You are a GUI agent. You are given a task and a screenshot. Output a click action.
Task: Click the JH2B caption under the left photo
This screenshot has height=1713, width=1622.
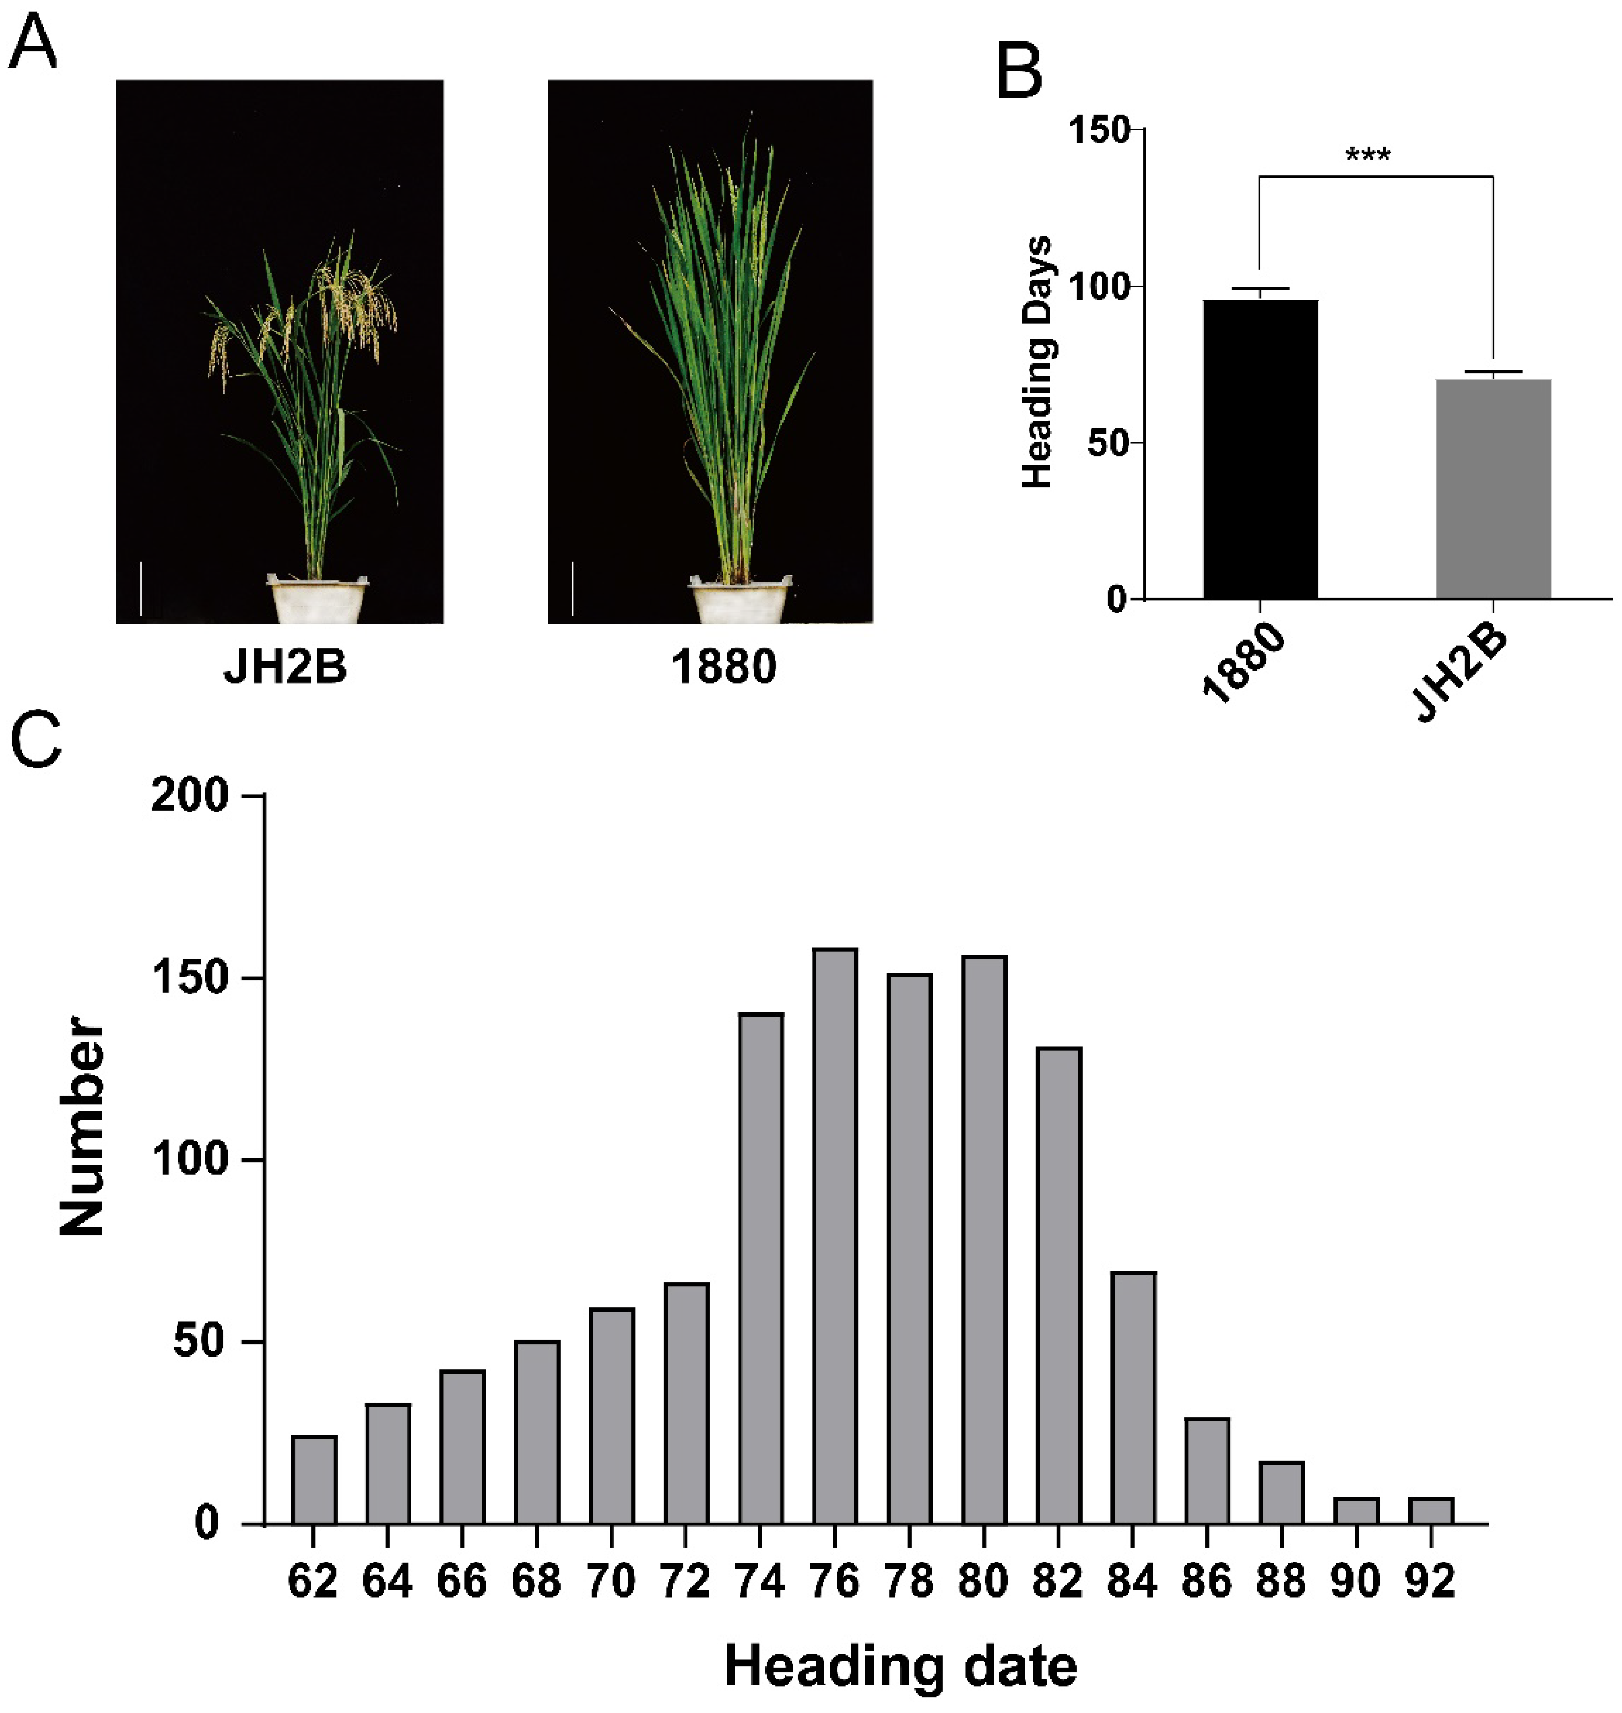[x=286, y=667]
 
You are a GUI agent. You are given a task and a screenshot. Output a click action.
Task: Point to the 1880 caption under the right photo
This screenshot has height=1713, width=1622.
[x=725, y=667]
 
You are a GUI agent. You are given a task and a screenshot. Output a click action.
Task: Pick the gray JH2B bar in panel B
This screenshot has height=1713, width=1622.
[x=1493, y=488]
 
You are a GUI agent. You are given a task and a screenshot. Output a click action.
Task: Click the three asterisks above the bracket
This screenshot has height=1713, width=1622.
[x=1368, y=157]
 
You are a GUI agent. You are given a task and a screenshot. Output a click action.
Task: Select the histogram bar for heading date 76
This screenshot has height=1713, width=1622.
[x=834, y=1237]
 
